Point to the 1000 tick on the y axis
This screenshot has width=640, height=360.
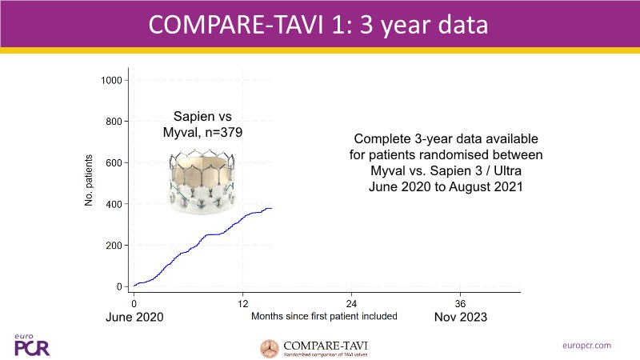tap(110, 80)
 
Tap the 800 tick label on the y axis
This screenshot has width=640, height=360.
tap(114, 122)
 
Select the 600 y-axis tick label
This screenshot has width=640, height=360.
tap(114, 162)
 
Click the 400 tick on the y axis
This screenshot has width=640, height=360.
tap(114, 204)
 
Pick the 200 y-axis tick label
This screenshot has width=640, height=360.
tap(114, 245)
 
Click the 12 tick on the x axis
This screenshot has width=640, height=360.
tap(242, 304)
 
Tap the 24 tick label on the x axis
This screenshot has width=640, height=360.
tap(351, 304)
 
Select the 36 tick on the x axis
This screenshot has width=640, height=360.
tap(460, 304)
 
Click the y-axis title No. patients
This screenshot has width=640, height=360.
tap(90, 182)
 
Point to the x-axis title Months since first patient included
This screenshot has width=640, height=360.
tap(324, 317)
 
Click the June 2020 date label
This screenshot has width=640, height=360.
tap(134, 318)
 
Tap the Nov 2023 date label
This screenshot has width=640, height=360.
tap(460, 318)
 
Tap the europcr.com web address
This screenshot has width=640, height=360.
tap(588, 345)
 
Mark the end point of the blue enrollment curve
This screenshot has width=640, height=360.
tap(272, 208)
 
